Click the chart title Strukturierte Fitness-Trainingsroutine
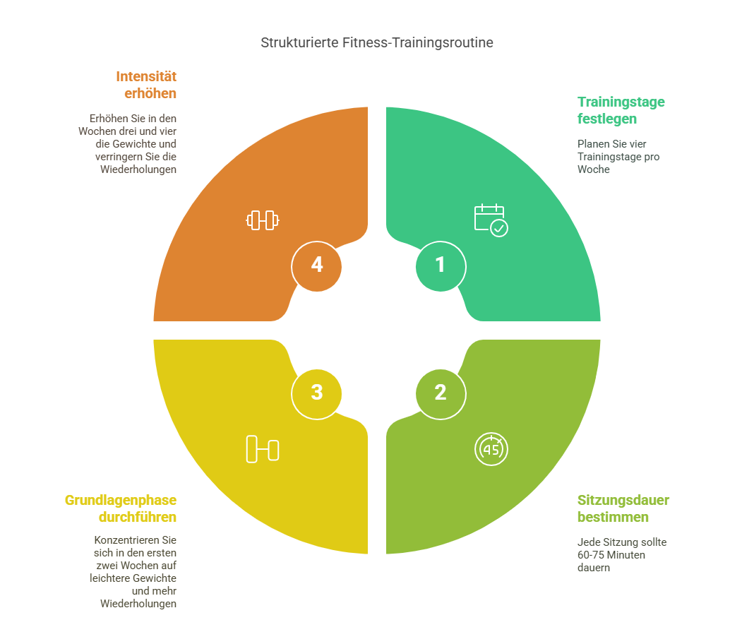(377, 42)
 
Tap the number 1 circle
(441, 266)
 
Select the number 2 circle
(441, 392)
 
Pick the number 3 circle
(317, 392)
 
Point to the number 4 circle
(317, 266)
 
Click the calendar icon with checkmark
(491, 220)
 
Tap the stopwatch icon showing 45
(491, 449)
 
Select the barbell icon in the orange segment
(263, 220)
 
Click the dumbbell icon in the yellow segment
(263, 449)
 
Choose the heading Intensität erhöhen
(146, 85)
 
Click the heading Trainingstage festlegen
(621, 110)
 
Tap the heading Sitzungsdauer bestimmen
(623, 508)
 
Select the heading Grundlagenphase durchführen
(121, 508)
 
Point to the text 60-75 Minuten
(611, 555)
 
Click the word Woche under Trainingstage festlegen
(593, 169)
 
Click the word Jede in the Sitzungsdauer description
(588, 542)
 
